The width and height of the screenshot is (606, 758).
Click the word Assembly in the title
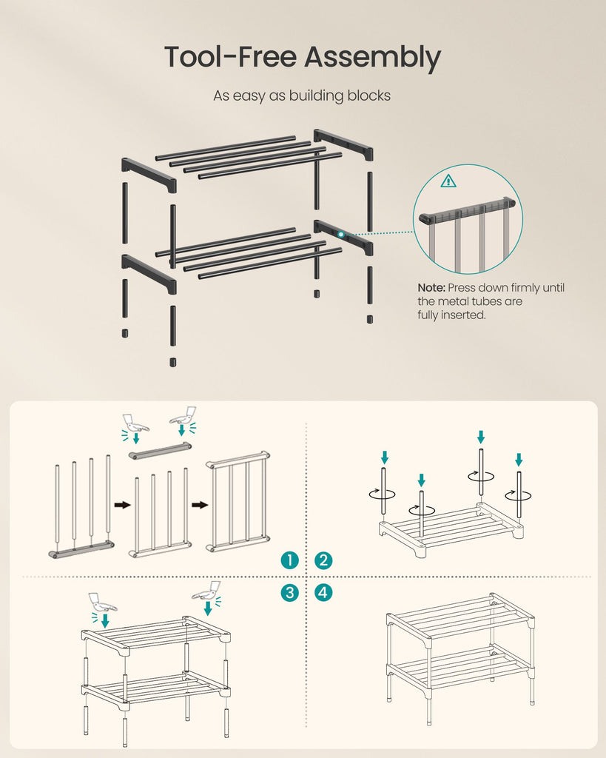[x=372, y=58]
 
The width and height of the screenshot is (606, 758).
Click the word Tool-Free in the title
[x=231, y=56]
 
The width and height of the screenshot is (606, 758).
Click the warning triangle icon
[x=448, y=181]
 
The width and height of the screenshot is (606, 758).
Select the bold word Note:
[x=431, y=288]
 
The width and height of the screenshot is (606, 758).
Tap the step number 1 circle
[x=289, y=560]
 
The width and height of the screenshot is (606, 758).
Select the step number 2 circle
[x=323, y=560]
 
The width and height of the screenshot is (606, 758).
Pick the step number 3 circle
[x=289, y=593]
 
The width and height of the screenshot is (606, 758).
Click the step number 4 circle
[x=323, y=593]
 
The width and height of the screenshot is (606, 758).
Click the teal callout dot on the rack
[x=341, y=235]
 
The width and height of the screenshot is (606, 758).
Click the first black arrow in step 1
[x=123, y=505]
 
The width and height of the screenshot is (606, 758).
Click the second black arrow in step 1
[x=200, y=505]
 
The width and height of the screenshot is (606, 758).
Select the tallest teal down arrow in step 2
[x=480, y=437]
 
